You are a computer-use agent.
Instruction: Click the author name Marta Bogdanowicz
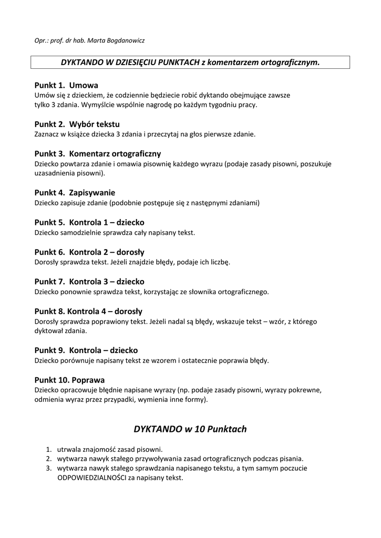pos(121,40)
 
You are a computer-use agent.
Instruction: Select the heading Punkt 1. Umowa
pos(66,85)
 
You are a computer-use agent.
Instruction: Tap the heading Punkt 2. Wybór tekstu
pos(77,125)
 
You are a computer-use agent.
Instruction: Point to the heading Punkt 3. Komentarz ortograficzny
pos(98,154)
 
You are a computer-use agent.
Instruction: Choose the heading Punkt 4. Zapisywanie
pos(75,193)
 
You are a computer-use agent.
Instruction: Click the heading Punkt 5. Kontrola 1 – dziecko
pos(89,222)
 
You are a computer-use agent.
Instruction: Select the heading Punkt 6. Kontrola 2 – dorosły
pos(90,252)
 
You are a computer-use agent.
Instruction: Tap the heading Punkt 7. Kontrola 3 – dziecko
pos(89,282)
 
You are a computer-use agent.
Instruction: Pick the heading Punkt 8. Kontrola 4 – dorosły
pos(88,311)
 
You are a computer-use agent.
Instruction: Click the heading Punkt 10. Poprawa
pos(69,380)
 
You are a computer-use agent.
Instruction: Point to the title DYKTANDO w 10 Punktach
pos(190,429)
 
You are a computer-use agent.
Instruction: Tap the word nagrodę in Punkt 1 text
pos(155,105)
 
